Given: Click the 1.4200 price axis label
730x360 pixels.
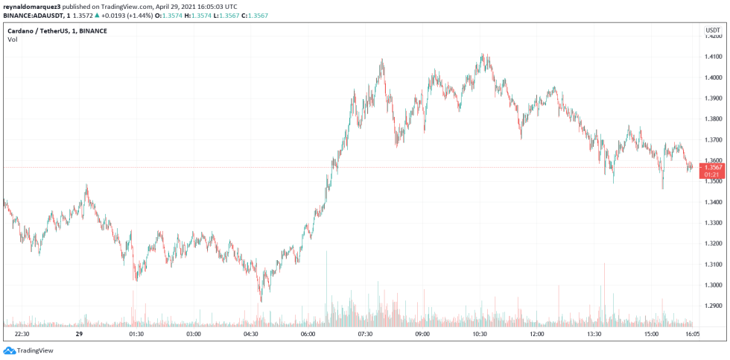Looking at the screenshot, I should (714, 36).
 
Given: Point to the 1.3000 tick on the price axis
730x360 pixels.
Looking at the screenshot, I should (714, 285).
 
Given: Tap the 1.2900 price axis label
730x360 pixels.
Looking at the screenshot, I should (714, 306).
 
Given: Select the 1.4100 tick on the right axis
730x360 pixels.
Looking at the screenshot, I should (714, 57).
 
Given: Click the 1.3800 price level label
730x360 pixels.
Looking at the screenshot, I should (714, 119).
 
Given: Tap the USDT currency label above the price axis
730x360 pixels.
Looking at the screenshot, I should (712, 29).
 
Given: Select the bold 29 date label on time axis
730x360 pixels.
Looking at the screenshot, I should (79, 335).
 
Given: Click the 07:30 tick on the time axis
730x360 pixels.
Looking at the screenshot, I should (365, 335).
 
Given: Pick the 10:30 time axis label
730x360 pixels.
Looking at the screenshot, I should (479, 335).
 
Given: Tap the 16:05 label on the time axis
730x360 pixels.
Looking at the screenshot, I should (692, 335).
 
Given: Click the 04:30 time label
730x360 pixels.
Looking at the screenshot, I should (250, 335).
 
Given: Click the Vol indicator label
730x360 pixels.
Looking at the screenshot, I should (13, 40).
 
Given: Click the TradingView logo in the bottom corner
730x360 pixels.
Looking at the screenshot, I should (29, 350).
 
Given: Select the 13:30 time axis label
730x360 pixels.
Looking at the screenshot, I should (594, 335).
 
